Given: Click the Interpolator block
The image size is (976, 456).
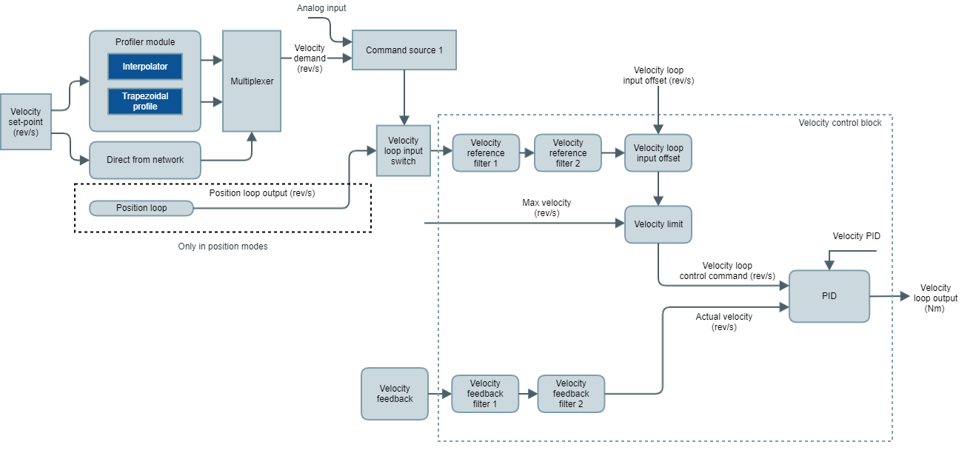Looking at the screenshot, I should [145, 67].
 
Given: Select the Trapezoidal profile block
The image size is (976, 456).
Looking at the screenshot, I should [145, 101].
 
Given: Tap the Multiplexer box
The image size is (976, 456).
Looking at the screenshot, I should [252, 81].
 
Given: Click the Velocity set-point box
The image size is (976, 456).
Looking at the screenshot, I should [26, 122].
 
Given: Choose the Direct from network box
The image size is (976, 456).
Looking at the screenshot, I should [145, 160].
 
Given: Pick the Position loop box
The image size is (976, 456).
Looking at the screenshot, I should [141, 208].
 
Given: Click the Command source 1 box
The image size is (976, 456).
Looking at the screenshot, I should [404, 50].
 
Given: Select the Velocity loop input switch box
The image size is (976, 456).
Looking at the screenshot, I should [404, 151].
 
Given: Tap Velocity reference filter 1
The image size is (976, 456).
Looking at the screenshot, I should [485, 153].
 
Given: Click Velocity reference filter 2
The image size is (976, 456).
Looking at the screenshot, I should [567, 153].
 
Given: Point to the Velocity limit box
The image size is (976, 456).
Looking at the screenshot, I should [658, 224].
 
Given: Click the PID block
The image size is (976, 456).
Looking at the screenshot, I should [829, 296].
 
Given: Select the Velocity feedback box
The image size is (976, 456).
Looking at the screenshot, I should [395, 394].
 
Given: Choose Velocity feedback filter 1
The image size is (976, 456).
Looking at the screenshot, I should [485, 394].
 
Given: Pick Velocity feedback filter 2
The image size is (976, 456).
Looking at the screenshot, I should [570, 394].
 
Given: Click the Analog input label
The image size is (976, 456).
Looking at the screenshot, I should [321, 8].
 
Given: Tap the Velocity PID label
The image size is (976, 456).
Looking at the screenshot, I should [856, 236].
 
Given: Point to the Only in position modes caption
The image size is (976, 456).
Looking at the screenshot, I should [223, 247].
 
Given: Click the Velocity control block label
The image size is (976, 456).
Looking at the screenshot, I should [840, 123].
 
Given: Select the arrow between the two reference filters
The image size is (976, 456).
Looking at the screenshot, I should [526, 153].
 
